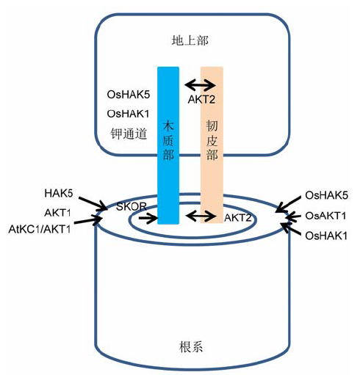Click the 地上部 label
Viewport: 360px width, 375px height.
(190, 40)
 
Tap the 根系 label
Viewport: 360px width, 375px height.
(191, 347)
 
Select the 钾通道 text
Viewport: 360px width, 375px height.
(129, 134)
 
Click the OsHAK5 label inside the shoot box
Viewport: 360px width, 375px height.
(129, 95)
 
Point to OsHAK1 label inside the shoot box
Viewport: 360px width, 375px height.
(128, 114)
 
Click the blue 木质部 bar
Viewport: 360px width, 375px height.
(168, 145)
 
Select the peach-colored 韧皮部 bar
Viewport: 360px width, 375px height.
(212, 145)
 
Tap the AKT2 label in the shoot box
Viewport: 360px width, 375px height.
(201, 99)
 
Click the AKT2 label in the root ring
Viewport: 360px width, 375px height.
(238, 217)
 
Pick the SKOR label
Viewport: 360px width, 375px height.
(132, 207)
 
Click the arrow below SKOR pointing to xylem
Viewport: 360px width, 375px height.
(148, 218)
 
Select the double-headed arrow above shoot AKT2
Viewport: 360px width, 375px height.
(201, 85)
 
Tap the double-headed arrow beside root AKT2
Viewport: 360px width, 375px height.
(201, 216)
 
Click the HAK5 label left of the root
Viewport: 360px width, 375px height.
(59, 193)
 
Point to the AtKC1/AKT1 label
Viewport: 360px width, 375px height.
(40, 229)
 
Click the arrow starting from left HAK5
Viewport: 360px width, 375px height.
(93, 203)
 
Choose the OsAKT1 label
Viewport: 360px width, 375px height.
(325, 216)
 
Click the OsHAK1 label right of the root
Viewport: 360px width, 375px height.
(326, 236)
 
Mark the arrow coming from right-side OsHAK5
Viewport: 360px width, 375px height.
(288, 204)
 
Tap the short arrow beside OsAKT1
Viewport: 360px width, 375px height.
(292, 216)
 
